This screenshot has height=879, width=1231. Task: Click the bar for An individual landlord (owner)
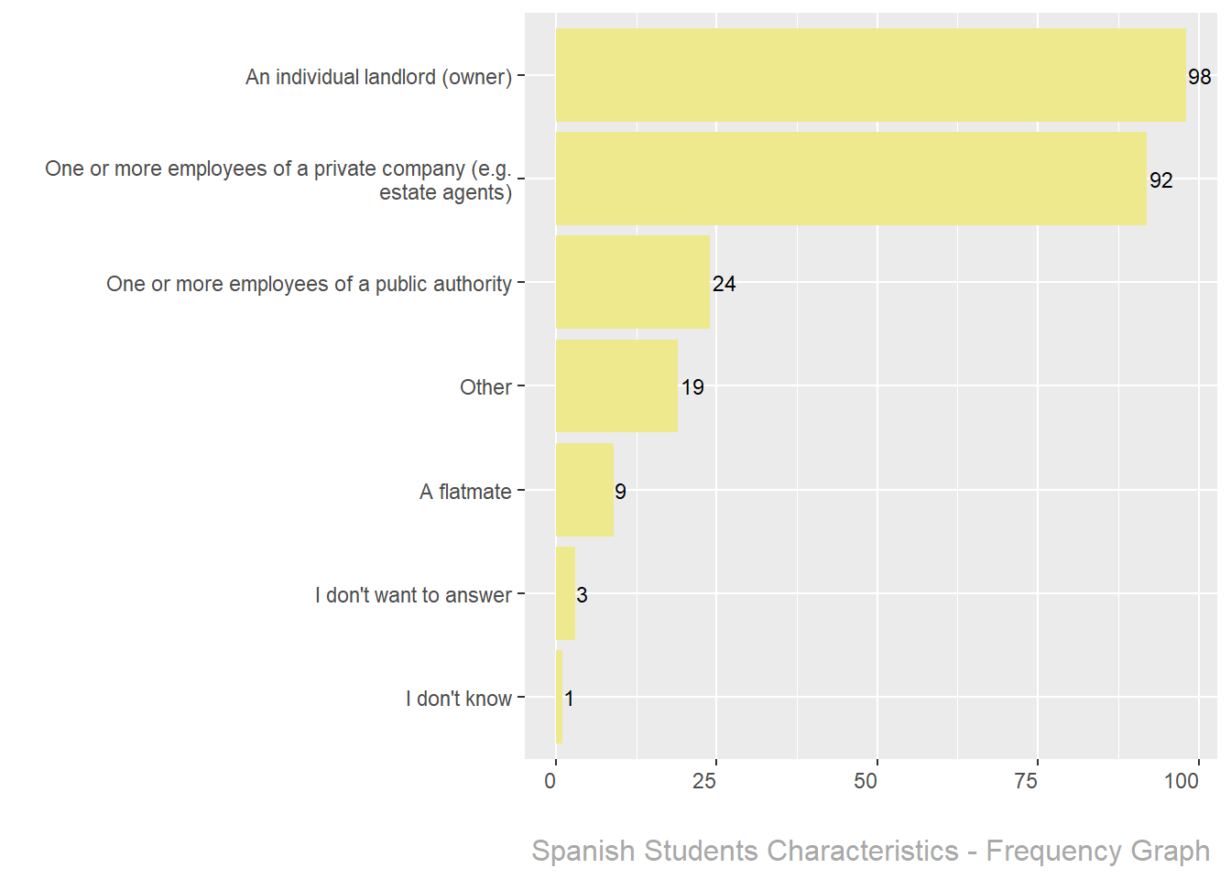pos(870,75)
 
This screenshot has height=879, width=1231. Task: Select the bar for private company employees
pos(851,179)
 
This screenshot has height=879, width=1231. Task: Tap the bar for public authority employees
pos(633,282)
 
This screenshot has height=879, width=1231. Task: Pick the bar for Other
pos(616,385)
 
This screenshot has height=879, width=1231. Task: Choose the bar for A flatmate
pos(584,490)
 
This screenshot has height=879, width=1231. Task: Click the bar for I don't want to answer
pos(565,593)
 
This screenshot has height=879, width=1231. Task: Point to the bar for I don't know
pos(559,697)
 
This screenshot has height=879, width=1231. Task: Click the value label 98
pos(1200,77)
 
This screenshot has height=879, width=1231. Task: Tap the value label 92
pos(1160,180)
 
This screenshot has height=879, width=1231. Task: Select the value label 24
pos(724,284)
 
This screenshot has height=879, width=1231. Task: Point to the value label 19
pos(692,387)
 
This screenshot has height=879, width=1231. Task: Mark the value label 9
pos(620,492)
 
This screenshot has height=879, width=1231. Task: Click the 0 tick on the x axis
pos(550,781)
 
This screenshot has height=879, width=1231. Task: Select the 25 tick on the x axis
pos(704,781)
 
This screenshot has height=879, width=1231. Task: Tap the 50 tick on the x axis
pos(866,781)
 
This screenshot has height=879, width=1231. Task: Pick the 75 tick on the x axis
pos(1026,781)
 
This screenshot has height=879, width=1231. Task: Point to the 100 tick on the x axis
pos(1182,781)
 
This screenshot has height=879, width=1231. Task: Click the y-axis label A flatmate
pos(465,492)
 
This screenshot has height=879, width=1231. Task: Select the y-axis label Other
pos(485,387)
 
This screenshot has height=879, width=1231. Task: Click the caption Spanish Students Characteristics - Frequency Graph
pos(870,851)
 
